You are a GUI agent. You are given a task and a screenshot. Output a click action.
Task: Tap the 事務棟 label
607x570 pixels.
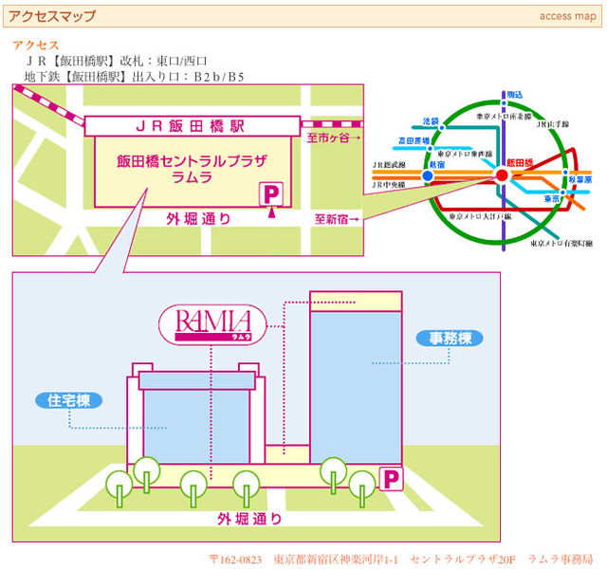click(x=444, y=338)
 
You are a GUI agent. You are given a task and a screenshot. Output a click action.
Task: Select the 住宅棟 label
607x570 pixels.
click(x=68, y=400)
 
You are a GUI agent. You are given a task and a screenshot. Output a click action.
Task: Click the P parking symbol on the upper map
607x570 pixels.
click(x=272, y=193)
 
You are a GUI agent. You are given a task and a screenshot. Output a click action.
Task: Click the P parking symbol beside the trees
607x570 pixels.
click(x=390, y=479)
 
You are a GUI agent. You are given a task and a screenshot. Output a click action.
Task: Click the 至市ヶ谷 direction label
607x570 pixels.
click(x=335, y=138)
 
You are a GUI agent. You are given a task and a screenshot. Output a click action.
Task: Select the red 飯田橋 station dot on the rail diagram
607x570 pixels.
click(x=502, y=175)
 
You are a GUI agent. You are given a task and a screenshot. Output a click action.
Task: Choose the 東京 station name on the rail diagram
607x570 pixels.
click(x=552, y=199)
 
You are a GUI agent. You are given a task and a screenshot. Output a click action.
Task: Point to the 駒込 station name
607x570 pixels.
click(x=515, y=96)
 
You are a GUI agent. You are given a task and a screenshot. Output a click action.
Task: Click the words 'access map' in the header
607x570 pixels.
click(x=568, y=16)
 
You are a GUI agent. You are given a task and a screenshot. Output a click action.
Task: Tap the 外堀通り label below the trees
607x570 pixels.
click(x=249, y=519)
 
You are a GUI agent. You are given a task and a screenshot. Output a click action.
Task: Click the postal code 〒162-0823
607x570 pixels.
click(x=236, y=559)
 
